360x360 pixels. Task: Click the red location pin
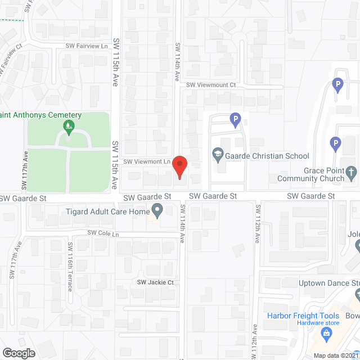[x=179, y=168]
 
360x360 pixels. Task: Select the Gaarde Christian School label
[x=266, y=156]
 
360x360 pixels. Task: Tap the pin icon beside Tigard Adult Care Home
[x=157, y=211]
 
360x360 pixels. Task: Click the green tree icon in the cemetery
[x=69, y=126]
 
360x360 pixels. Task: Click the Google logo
[x=19, y=353]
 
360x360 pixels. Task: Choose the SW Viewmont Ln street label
[x=147, y=161]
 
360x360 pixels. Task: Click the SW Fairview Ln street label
[x=87, y=46]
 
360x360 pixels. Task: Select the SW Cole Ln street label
[x=103, y=233]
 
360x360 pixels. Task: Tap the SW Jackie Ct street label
[x=155, y=282]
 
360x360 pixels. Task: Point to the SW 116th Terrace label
[x=70, y=267]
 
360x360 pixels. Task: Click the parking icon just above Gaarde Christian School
[x=236, y=119]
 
